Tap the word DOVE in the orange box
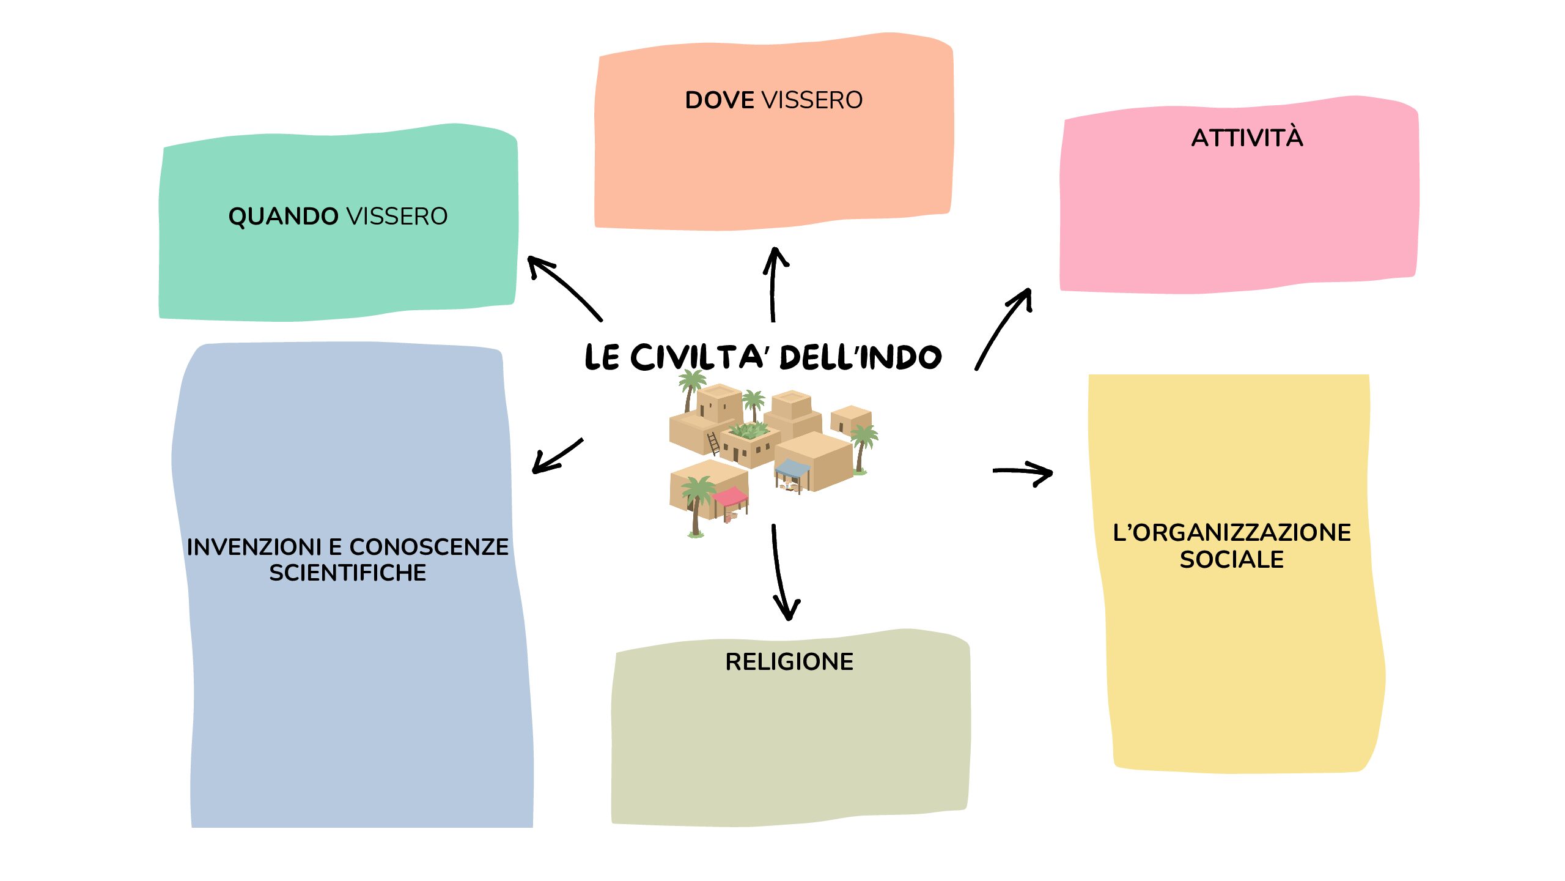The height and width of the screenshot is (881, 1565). (x=719, y=100)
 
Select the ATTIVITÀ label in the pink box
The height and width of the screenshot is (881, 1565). (x=1247, y=138)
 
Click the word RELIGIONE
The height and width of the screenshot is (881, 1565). (x=789, y=662)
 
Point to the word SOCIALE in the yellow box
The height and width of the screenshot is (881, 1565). (x=1231, y=560)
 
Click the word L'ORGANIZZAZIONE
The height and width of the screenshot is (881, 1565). (x=1231, y=533)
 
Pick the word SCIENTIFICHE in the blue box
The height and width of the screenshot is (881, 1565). (x=347, y=573)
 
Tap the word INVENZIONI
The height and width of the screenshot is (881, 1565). (x=254, y=547)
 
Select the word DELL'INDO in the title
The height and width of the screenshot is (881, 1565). (x=861, y=358)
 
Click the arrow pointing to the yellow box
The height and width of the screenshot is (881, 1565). (x=1023, y=472)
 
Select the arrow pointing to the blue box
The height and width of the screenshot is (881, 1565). (x=556, y=456)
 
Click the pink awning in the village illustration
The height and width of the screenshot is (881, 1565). (x=730, y=496)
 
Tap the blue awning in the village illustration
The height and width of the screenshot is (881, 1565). (x=792, y=469)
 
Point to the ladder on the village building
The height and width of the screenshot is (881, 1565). (x=713, y=443)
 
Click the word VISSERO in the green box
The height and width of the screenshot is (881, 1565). (x=397, y=217)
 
